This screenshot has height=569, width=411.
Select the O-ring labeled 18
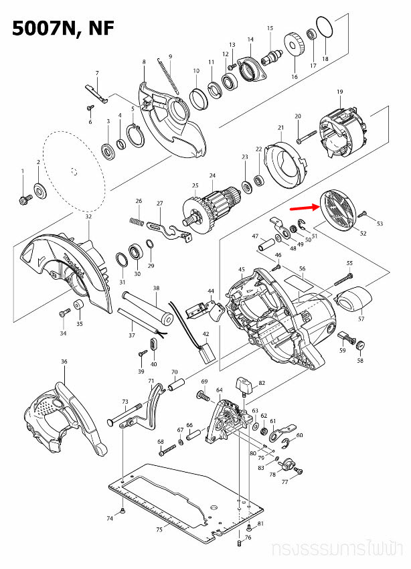(x=324, y=29)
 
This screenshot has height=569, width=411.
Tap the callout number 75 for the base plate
(x=159, y=530)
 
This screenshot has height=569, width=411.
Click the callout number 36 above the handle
(x=64, y=362)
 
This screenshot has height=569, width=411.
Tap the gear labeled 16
(x=295, y=47)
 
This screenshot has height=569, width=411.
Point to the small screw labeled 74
(x=124, y=511)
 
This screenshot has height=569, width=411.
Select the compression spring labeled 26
(x=136, y=220)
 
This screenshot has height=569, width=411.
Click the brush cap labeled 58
(x=360, y=345)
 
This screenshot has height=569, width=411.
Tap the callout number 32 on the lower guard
(x=88, y=217)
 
